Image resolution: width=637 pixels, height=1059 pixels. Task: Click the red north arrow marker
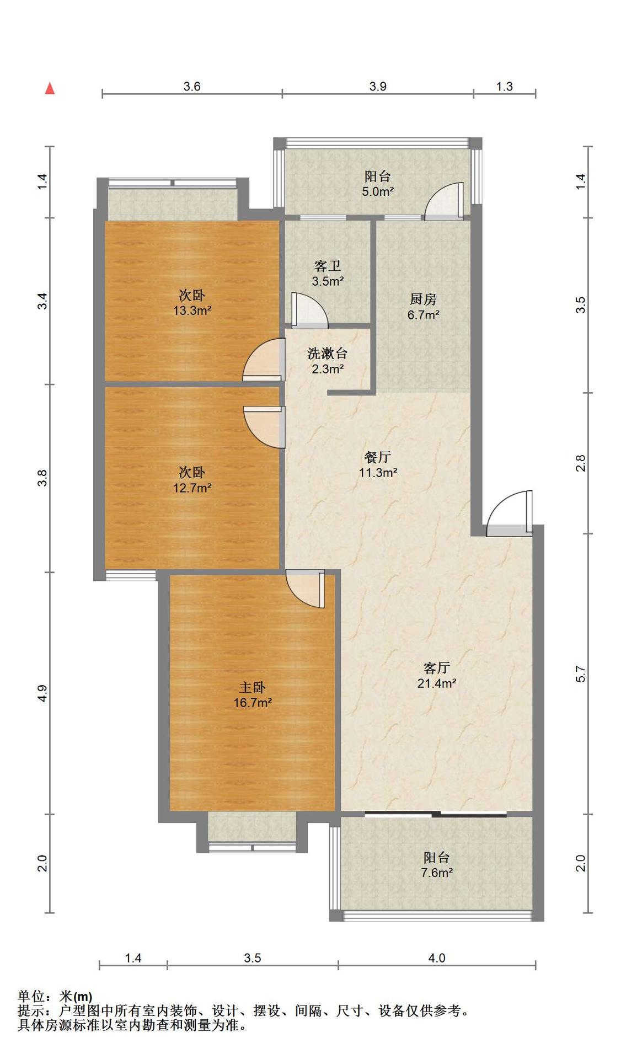point(50,88)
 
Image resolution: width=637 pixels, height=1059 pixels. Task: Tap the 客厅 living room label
point(436,668)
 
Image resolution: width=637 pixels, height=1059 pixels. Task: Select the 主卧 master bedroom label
point(252,687)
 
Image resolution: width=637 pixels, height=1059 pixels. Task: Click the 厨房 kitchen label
point(423,299)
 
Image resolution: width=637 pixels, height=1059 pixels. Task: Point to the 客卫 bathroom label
point(328,266)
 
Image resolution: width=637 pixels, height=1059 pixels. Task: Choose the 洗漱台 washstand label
point(328,353)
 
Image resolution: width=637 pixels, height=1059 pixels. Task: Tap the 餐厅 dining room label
point(378,457)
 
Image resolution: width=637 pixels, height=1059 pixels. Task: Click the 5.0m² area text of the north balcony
point(378,191)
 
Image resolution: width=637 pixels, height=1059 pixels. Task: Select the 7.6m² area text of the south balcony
point(436,873)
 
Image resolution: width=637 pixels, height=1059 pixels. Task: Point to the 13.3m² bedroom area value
point(192,310)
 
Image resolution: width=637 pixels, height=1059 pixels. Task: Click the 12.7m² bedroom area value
point(192,488)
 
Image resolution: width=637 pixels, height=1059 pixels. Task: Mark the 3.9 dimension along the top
point(378,86)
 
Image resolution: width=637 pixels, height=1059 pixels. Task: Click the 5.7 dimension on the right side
point(580,673)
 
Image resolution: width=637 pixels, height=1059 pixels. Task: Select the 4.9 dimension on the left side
point(42,693)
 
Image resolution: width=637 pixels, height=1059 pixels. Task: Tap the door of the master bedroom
point(305,589)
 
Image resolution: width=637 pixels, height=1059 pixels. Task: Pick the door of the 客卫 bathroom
point(309,311)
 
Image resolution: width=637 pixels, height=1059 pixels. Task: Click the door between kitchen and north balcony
point(445,201)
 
